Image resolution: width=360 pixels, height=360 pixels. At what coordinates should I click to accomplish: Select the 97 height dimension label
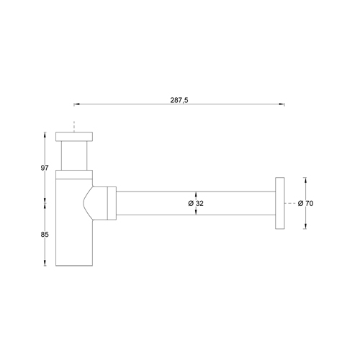(45, 168)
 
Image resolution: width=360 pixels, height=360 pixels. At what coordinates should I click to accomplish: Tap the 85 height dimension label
(45, 233)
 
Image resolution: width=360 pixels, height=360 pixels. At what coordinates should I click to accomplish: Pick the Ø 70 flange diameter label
(305, 203)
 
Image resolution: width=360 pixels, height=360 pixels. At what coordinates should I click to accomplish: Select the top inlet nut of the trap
(74, 138)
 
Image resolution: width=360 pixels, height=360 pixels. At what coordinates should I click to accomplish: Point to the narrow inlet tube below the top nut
(74, 156)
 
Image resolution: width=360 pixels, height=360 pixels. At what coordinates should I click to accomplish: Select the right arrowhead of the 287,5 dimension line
(282, 105)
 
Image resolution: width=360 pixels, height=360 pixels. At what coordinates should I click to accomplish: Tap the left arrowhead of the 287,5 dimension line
(77, 105)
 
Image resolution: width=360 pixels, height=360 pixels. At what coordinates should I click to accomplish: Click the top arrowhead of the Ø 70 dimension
(305, 180)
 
